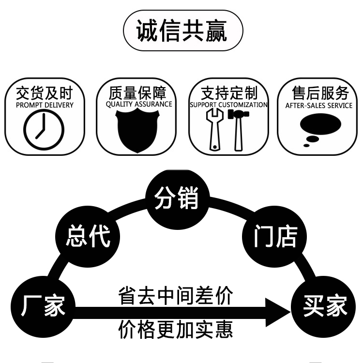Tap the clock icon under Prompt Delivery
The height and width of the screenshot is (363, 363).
44,129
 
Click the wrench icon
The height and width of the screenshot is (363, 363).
213,129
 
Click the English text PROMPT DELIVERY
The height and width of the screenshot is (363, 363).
45,105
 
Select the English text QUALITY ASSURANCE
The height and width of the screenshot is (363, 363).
139,104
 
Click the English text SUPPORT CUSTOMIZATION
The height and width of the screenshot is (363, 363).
228,105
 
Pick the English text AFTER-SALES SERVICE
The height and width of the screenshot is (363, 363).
318,105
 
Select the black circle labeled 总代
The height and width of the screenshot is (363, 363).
88,236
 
